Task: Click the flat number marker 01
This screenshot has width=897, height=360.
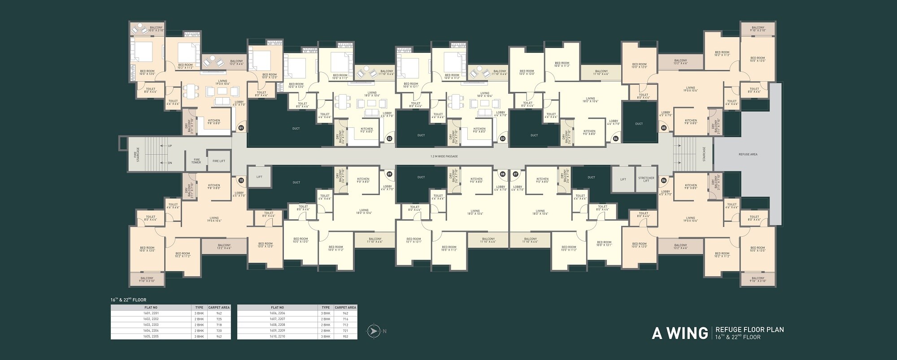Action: (x=241, y=128)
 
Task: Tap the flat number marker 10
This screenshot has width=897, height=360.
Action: (x=241, y=180)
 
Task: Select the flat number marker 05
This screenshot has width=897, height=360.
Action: (x=664, y=128)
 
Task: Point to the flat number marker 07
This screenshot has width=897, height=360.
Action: (x=516, y=174)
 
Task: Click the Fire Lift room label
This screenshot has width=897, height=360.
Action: (x=219, y=161)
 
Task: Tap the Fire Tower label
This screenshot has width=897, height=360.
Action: (x=196, y=161)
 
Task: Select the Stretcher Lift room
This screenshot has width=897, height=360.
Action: (x=646, y=179)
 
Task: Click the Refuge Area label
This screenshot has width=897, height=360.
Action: (x=748, y=154)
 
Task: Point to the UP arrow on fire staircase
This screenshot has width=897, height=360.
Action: (x=170, y=146)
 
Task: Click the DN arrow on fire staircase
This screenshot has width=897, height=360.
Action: (x=170, y=163)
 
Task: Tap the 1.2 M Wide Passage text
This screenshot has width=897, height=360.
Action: (x=444, y=156)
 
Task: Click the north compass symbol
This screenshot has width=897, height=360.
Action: (x=373, y=331)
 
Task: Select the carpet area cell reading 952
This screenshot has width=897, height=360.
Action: (x=345, y=336)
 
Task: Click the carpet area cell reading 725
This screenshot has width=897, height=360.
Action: (x=219, y=319)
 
